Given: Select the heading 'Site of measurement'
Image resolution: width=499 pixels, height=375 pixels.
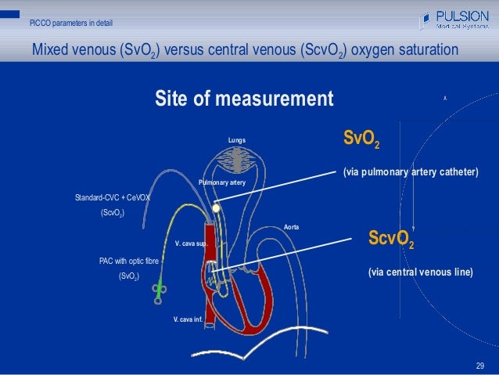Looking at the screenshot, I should click(244, 100).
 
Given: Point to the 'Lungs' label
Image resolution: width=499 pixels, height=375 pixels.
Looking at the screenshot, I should click(237, 140).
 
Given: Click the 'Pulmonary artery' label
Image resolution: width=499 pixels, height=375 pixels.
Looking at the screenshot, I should click(222, 182).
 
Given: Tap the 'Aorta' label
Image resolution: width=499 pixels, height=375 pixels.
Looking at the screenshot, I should click(291, 227).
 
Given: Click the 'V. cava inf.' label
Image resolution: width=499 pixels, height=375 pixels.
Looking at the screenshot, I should click(188, 319).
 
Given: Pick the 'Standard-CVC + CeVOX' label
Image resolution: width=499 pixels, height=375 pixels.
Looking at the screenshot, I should click(112, 198).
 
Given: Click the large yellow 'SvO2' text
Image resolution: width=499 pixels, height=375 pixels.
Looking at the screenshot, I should click(363, 140).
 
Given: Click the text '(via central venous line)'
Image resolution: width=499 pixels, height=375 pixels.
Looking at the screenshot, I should click(420, 272).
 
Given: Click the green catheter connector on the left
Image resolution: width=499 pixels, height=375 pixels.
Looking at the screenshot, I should click(159, 289).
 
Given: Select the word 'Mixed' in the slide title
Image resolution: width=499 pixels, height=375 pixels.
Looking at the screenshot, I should click(52, 51).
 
